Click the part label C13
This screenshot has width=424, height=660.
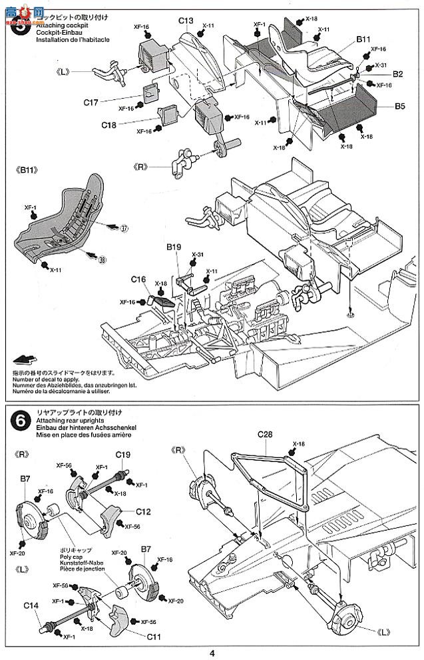point(186,21)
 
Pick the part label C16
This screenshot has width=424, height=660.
point(138,279)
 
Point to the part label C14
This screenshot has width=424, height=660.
point(31,605)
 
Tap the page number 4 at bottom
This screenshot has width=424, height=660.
point(212,653)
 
